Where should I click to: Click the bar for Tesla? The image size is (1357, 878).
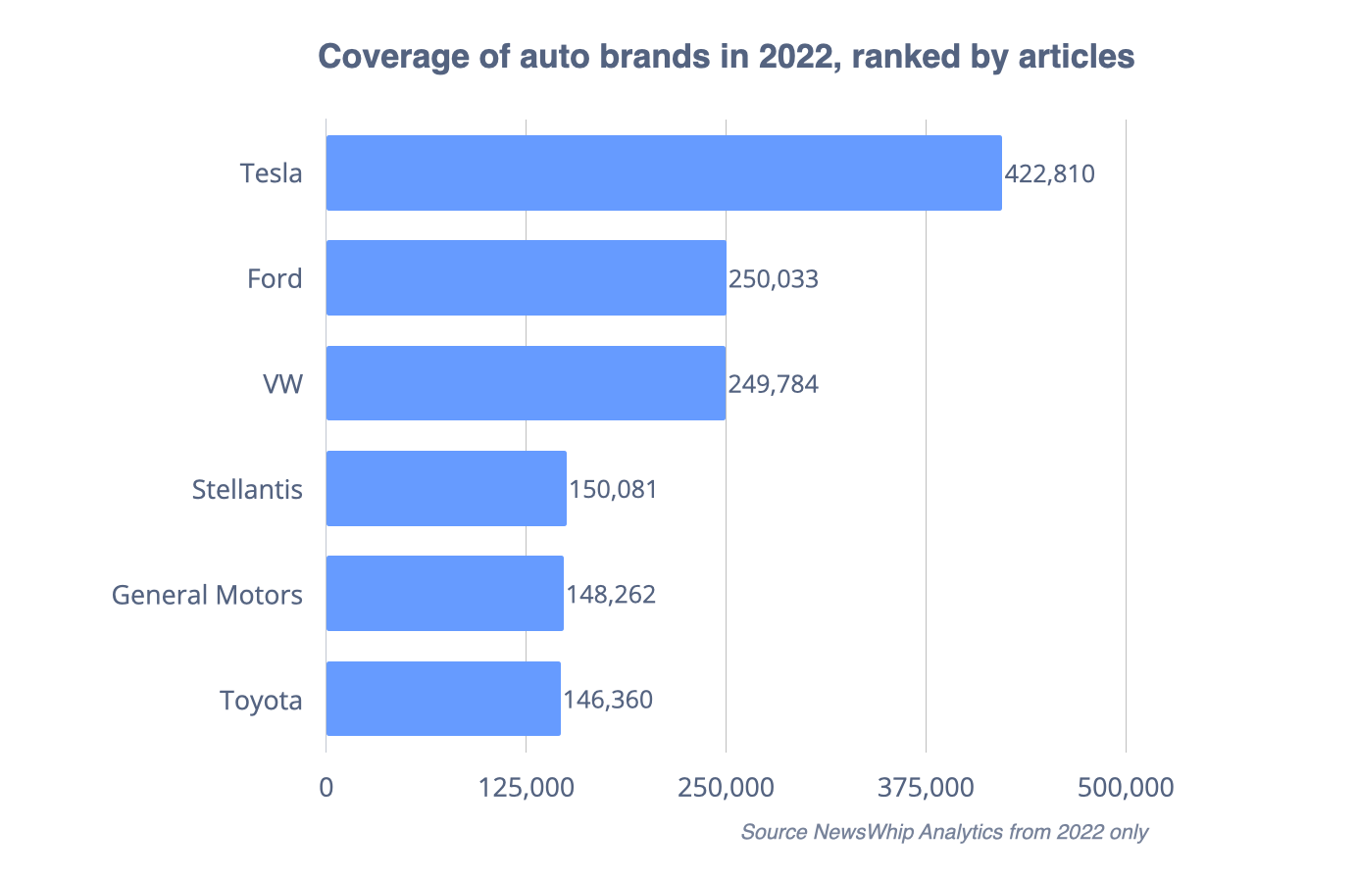tap(664, 172)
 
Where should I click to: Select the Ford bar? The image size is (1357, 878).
tap(526, 278)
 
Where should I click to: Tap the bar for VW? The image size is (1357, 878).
tap(526, 383)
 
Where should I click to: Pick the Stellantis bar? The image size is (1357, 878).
tap(446, 488)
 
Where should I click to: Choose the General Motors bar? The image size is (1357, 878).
tap(444, 594)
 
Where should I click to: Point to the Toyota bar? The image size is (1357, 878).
tap(443, 699)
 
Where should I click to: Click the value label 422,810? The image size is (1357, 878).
tap(1049, 174)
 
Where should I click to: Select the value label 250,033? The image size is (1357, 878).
tap(773, 279)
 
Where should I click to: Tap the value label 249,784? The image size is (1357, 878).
tap(773, 384)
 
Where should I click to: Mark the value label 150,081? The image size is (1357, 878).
tap(613, 489)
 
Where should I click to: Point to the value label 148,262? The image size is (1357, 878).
tap(611, 595)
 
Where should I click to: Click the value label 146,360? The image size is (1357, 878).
tap(608, 700)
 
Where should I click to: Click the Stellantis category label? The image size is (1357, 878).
tap(247, 489)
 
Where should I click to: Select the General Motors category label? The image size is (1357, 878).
tap(207, 595)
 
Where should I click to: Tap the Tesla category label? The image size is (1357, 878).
tap(272, 173)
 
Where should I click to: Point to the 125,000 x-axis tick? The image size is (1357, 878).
tap(527, 787)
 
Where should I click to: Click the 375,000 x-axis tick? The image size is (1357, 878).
tap(927, 787)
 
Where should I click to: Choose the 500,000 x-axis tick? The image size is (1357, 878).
tap(1126, 787)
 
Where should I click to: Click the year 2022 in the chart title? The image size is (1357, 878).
tap(798, 56)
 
